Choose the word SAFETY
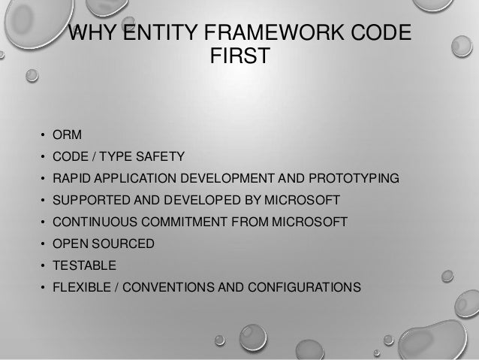pyautogui.click(x=161, y=158)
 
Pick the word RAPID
pyautogui.click(x=72, y=180)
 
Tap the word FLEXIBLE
pyautogui.click(x=80, y=287)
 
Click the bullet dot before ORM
pyautogui.click(x=44, y=137)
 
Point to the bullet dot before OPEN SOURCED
pyautogui.click(x=44, y=244)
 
